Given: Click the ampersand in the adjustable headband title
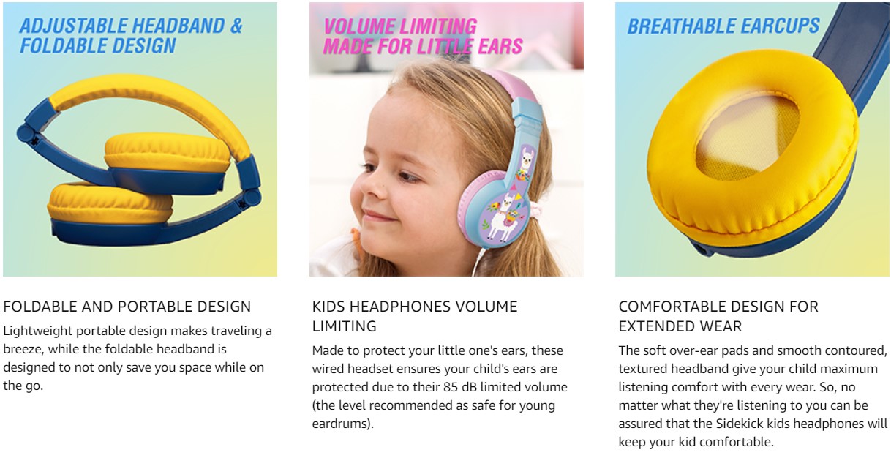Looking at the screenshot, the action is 236,26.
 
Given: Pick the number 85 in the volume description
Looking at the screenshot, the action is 451,387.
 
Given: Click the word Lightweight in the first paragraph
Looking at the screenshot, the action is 37,331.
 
